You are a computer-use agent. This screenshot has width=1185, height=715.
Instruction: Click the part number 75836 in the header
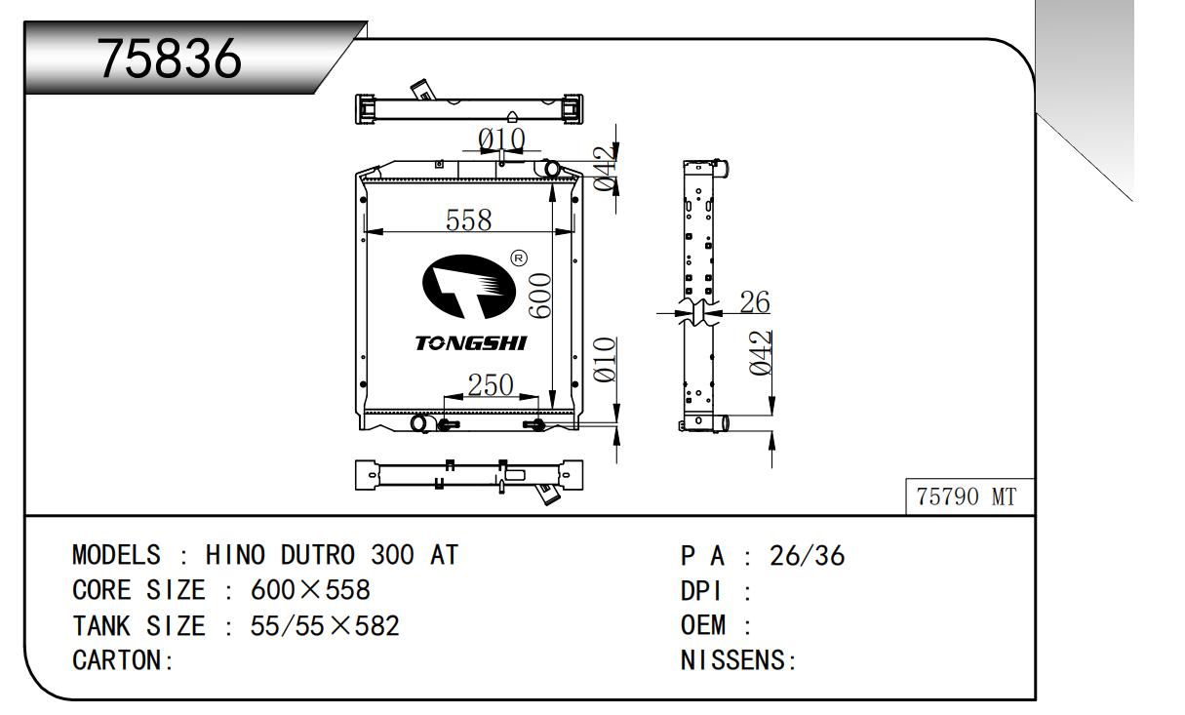coord(170,60)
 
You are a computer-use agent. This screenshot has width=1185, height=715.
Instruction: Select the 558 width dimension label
coord(468,220)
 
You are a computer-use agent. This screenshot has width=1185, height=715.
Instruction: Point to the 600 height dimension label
coord(541,295)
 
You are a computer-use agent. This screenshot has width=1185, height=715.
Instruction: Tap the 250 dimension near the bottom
coord(490,385)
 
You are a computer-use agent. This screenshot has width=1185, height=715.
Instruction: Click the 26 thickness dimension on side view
coord(754,302)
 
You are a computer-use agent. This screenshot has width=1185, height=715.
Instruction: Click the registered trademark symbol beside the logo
coord(519,258)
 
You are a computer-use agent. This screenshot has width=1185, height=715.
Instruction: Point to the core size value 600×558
coord(310,591)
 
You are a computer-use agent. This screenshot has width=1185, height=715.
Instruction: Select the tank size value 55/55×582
coord(325,625)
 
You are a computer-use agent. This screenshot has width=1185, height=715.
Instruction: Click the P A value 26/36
coord(807,556)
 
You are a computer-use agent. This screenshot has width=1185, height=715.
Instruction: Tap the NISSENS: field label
coord(738,660)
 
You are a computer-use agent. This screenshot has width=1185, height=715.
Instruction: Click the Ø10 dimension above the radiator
coord(501,139)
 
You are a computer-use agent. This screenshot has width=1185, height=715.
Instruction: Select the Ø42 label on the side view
coord(762,353)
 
